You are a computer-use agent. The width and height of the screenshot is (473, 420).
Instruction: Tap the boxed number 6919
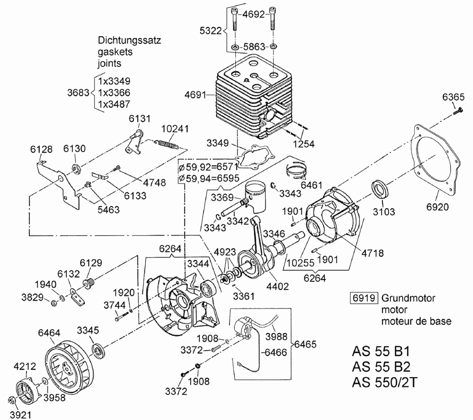[x=364, y=297]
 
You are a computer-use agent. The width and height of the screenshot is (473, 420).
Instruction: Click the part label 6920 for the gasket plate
[x=438, y=207]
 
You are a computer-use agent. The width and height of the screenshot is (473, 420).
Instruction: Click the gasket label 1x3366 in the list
[x=114, y=92]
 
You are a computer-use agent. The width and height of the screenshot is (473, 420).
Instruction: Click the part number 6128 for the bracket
[x=41, y=150]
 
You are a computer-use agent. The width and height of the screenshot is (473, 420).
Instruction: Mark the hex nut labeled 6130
[x=76, y=168]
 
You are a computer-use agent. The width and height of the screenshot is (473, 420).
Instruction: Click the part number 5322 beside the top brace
[x=210, y=31]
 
